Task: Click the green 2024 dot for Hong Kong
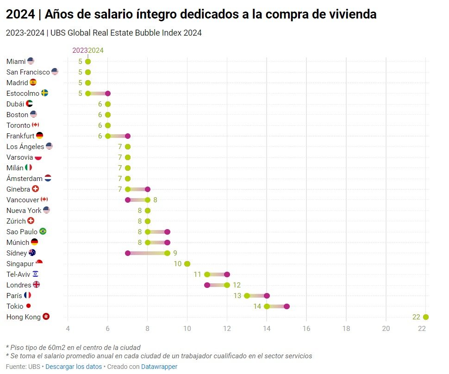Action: click(426, 317)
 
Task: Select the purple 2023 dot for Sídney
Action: click(128, 253)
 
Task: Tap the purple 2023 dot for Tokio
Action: click(287, 306)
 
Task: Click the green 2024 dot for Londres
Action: click(227, 285)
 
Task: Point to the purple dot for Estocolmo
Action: click(108, 93)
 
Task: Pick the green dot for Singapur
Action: click(187, 264)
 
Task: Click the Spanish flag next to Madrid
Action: click(33, 82)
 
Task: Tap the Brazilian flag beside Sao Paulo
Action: click(43, 231)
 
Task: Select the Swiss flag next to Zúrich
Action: click(31, 221)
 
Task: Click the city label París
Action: click(14, 296)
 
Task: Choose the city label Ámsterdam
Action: click(25, 179)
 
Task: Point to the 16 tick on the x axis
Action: click(306, 329)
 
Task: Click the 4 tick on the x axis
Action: click(68, 329)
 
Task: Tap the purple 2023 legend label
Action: click(80, 50)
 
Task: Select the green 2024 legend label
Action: click(96, 50)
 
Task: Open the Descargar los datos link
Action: click(74, 367)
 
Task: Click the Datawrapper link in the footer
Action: click(159, 367)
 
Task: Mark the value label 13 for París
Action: click(237, 296)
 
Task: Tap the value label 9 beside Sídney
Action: click(175, 253)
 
